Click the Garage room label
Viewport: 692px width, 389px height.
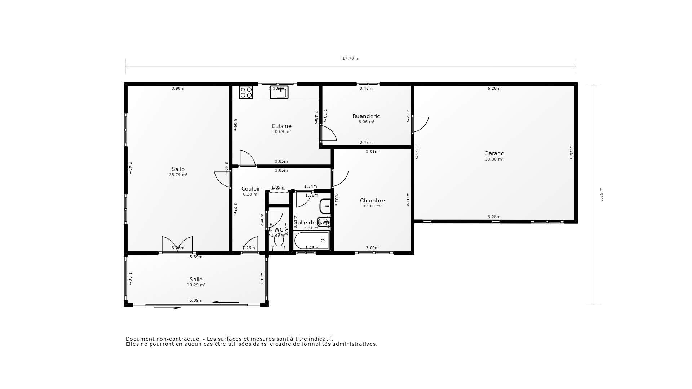pyautogui.click(x=494, y=153)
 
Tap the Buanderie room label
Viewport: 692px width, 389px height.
pyautogui.click(x=366, y=116)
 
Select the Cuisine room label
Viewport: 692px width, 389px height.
pyautogui.click(x=281, y=126)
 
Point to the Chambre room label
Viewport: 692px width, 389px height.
pyautogui.click(x=372, y=201)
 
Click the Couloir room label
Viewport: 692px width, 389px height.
pyautogui.click(x=250, y=189)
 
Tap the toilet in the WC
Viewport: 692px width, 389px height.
pyautogui.click(x=279, y=242)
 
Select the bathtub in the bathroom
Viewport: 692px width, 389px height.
pyautogui.click(x=311, y=241)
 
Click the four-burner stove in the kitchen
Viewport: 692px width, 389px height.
pyautogui.click(x=246, y=92)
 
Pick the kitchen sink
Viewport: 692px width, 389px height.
pyautogui.click(x=279, y=93)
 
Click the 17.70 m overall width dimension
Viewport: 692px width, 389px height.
pyautogui.click(x=351, y=58)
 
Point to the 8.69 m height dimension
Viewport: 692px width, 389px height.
pyautogui.click(x=601, y=194)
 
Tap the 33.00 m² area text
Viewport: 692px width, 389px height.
pyautogui.click(x=494, y=159)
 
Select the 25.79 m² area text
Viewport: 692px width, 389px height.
pyautogui.click(x=178, y=175)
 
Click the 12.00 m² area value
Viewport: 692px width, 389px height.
pyautogui.click(x=372, y=206)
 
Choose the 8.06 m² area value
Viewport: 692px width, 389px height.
pyautogui.click(x=366, y=122)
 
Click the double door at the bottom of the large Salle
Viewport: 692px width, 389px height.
pyautogui.click(x=177, y=245)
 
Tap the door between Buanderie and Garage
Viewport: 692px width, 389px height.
pyautogui.click(x=420, y=124)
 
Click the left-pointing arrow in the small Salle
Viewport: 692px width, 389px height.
pyautogui.click(x=226, y=302)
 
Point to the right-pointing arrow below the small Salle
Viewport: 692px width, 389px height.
pyautogui.click(x=168, y=308)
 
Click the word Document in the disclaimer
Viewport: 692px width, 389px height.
pyautogui.click(x=139, y=339)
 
